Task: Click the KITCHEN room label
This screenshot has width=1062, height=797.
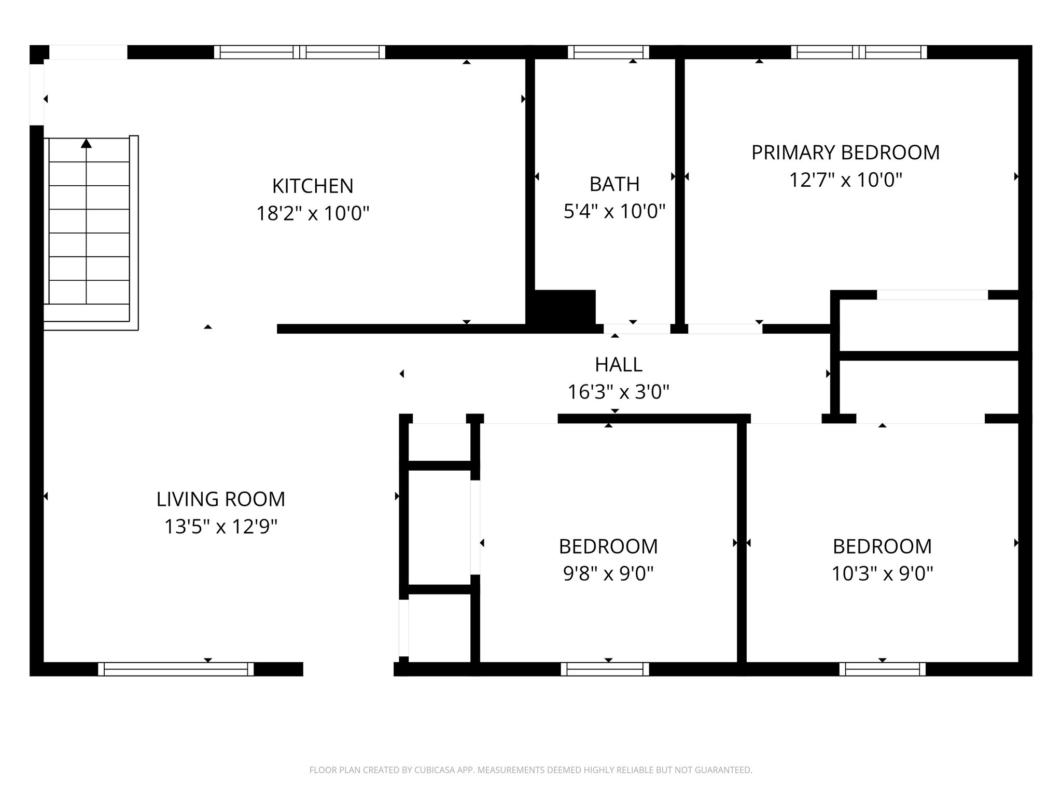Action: click(x=313, y=186)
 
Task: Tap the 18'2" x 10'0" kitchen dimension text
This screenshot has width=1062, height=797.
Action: click(x=313, y=213)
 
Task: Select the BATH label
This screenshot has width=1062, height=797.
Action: click(x=614, y=184)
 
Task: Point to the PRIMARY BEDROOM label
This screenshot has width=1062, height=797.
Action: click(x=845, y=153)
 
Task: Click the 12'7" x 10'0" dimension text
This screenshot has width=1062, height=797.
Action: click(x=845, y=181)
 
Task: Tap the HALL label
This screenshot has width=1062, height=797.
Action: click(x=618, y=365)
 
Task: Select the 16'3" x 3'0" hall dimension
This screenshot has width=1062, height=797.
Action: click(x=618, y=392)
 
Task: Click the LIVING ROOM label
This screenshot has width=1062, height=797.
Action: click(x=221, y=499)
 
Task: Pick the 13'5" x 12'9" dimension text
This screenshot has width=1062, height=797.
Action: click(x=221, y=527)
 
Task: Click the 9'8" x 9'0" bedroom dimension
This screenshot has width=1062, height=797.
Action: click(x=608, y=574)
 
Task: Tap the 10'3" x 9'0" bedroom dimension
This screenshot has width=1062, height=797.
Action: click(x=882, y=574)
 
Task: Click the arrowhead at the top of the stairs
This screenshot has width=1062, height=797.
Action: click(x=86, y=143)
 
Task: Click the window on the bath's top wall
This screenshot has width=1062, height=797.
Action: click(x=608, y=52)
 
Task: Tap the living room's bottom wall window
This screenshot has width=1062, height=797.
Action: click(x=176, y=669)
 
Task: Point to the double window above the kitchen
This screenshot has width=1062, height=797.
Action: click(x=299, y=52)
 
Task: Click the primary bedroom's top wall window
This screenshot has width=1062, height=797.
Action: click(x=859, y=52)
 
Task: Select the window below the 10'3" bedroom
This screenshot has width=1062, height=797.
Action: click(x=882, y=669)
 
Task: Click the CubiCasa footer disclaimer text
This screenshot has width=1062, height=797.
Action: click(x=530, y=770)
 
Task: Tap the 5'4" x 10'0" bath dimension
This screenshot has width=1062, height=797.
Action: click(x=614, y=212)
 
